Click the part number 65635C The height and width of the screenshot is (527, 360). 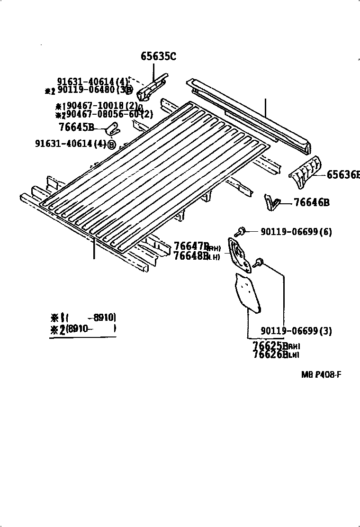coord(158,57)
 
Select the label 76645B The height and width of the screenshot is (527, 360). coord(77,127)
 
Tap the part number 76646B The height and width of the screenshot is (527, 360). coord(311,203)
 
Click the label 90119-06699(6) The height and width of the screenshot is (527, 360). coord(296,232)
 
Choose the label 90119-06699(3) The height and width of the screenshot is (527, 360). coord(296,331)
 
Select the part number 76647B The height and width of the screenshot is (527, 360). coord(191,246)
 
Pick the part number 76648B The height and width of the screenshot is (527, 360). coord(191,256)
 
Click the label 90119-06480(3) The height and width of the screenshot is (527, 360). coord(95,90)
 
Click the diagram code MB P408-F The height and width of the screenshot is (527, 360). coord(321,374)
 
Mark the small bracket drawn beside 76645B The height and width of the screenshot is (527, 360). coord(113,127)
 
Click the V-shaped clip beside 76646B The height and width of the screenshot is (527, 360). coord(270,201)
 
